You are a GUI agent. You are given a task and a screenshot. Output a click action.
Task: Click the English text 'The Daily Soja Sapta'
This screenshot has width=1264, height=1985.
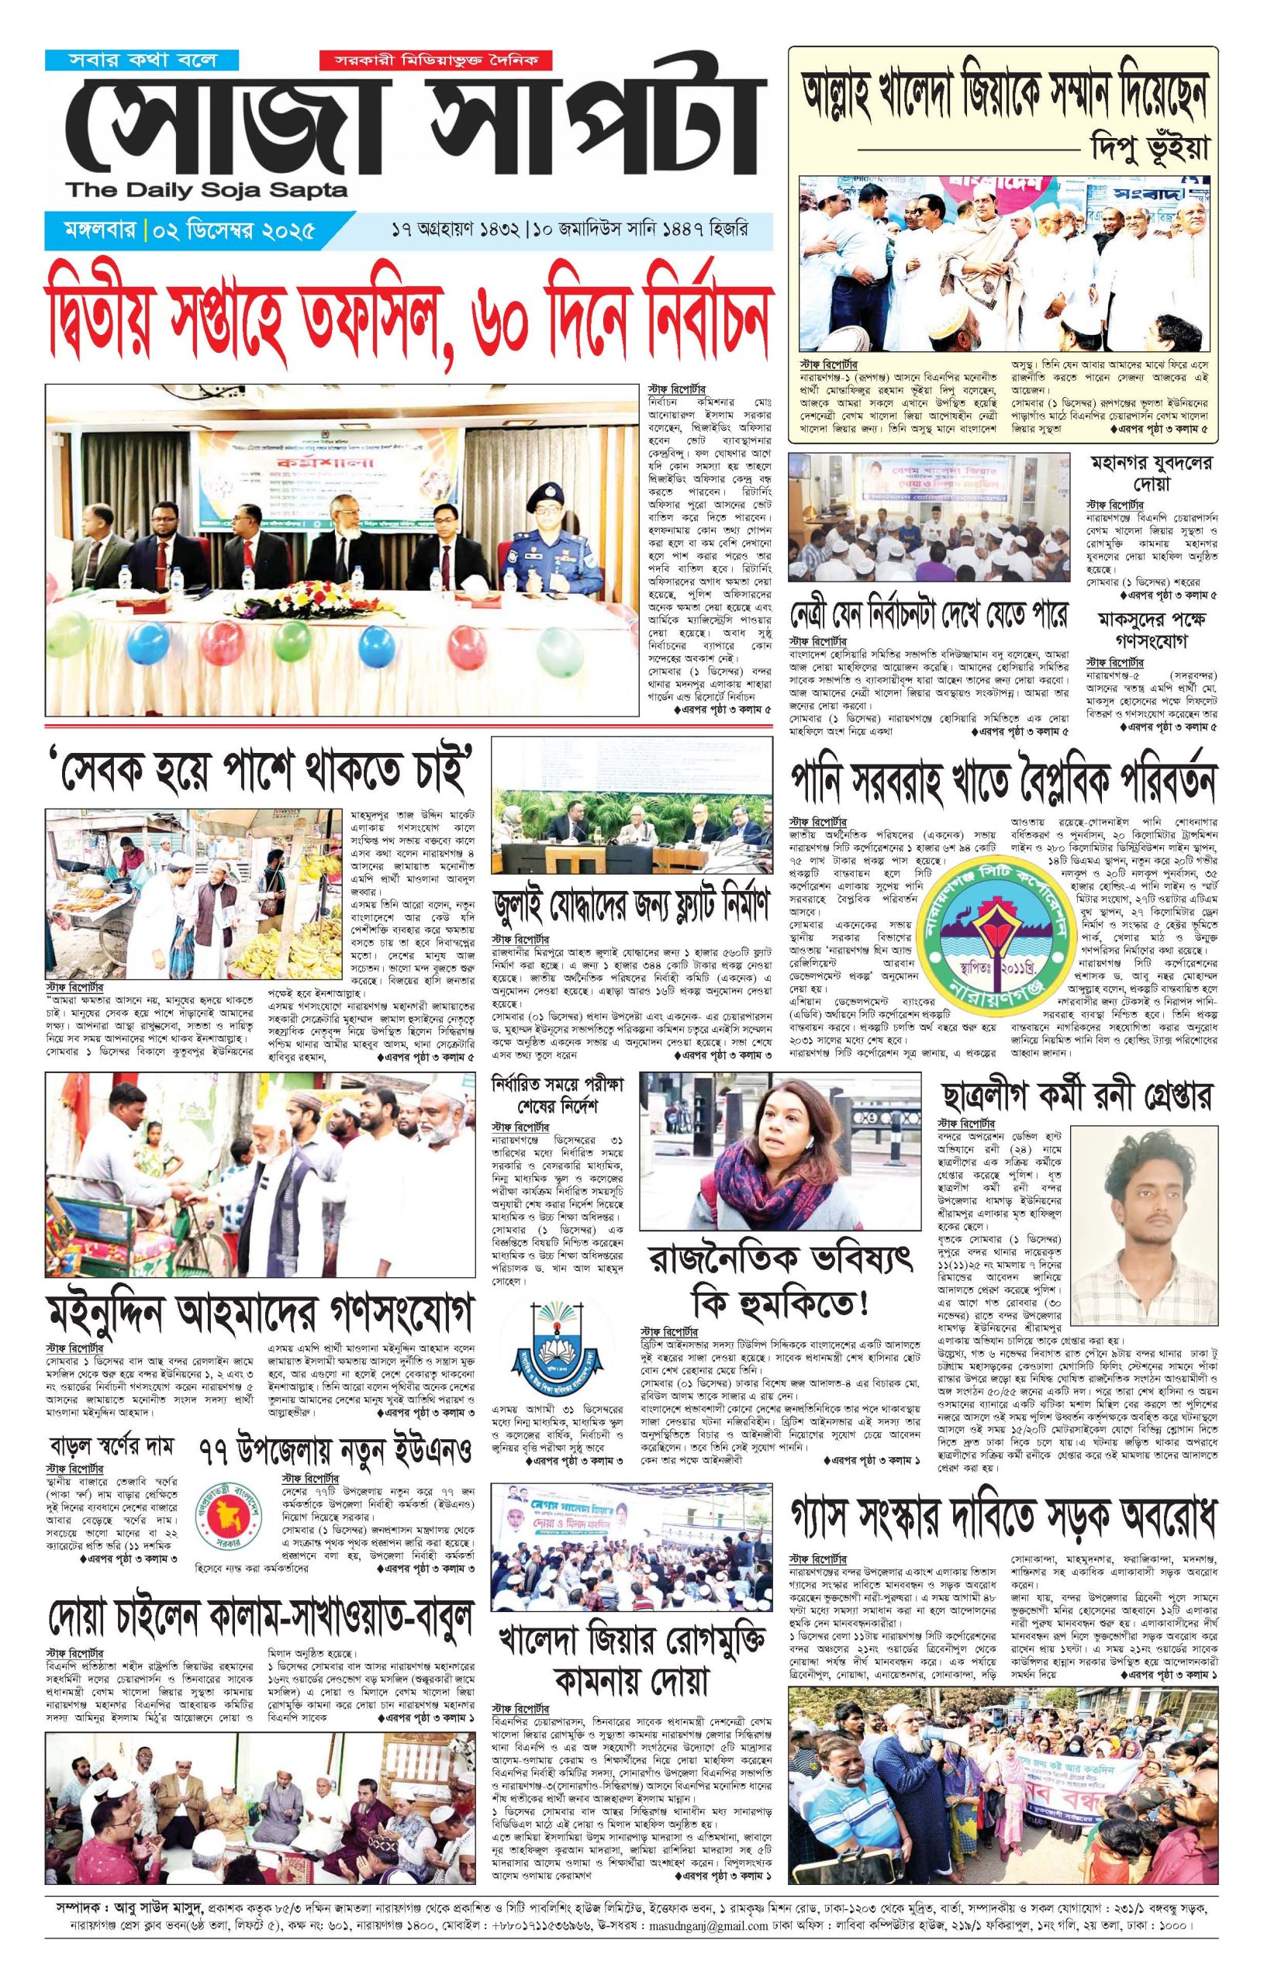[208, 191]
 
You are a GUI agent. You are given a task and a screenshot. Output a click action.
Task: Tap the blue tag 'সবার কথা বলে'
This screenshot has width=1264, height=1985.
[142, 60]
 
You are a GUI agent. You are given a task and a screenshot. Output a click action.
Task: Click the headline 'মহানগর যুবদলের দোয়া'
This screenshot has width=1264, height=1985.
[1151, 473]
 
